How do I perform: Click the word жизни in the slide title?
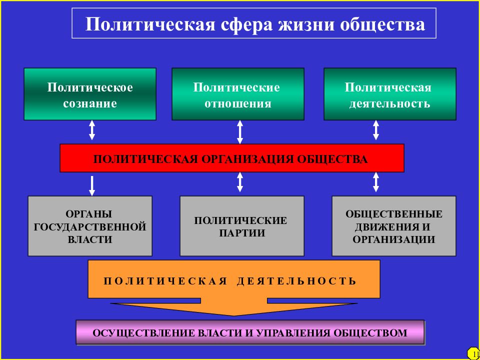305,24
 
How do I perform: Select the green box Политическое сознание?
90,94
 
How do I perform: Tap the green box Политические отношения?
238,94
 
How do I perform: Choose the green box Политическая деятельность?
390,94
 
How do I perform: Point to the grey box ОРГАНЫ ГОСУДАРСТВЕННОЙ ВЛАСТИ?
90,226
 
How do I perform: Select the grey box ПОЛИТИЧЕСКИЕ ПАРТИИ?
242,226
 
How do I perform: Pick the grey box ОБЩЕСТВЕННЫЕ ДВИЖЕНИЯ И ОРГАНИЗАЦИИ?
394,226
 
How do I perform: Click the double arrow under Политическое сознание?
92,130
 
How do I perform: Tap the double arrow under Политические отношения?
240,132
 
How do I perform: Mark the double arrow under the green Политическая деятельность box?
376,130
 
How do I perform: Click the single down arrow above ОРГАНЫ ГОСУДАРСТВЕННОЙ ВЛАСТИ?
92,186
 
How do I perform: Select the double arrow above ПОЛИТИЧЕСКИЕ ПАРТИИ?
240,182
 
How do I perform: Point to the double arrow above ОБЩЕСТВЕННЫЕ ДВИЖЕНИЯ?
376,182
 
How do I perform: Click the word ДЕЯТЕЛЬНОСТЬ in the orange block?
296,281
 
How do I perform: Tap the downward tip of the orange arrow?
234,316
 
